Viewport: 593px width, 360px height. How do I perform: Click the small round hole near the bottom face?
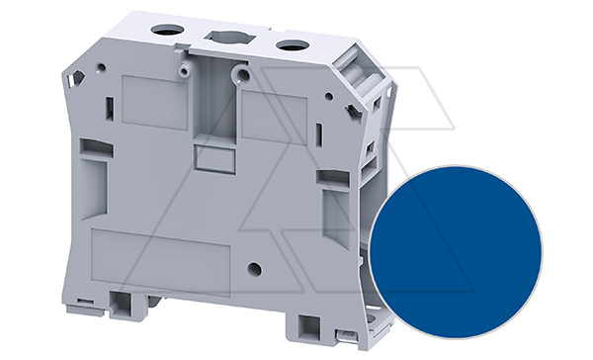point(254,268)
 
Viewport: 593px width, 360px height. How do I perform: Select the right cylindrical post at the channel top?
point(238,75)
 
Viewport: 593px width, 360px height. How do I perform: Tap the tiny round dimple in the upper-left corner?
point(102,68)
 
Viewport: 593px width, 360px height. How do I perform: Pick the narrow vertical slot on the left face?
point(110,109)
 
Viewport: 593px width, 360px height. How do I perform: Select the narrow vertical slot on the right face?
point(319,135)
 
